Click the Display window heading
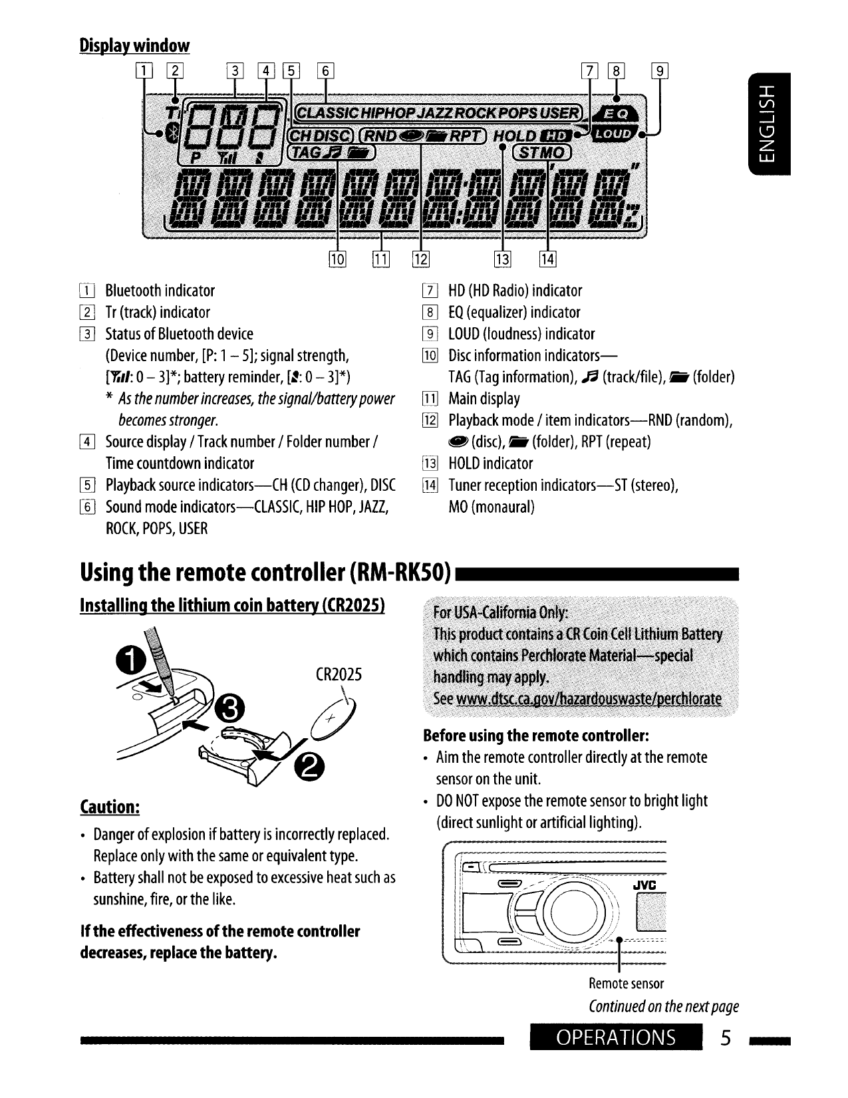click(x=134, y=45)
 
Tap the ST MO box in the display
click(x=542, y=154)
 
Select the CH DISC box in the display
click(x=319, y=136)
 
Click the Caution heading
click(x=109, y=807)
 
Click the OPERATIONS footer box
click(x=616, y=1037)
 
